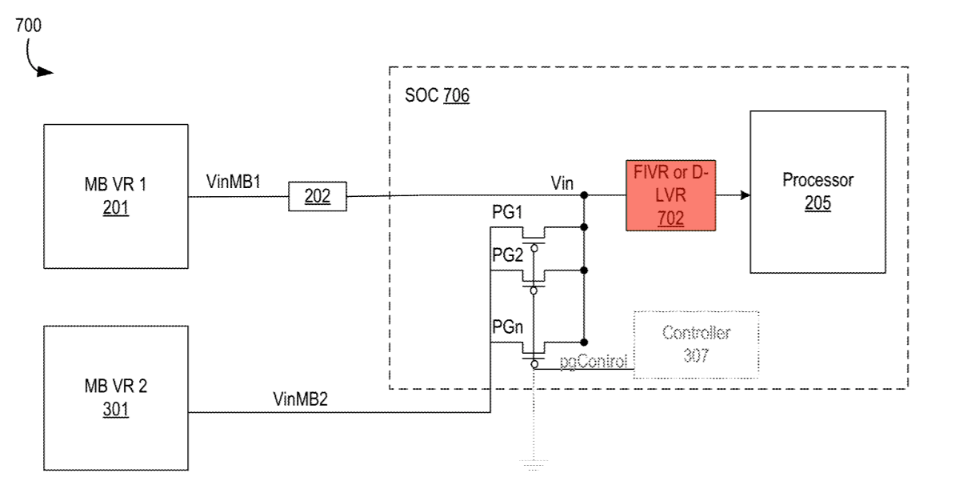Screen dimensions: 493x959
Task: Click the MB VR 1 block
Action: (x=116, y=195)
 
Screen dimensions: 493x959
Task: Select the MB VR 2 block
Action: (x=116, y=397)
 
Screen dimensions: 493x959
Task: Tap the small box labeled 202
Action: (x=318, y=196)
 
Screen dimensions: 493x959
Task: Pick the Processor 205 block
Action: (x=817, y=191)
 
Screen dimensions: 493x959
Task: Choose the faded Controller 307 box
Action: (x=695, y=343)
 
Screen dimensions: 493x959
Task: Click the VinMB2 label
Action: (x=301, y=399)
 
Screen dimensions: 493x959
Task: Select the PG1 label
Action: (x=507, y=214)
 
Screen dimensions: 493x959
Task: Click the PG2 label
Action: (x=507, y=255)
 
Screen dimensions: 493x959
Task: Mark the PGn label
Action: (x=507, y=328)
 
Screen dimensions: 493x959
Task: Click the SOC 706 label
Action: (x=438, y=98)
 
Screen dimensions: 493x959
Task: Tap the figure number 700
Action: (x=28, y=26)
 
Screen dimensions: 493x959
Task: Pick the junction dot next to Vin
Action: (x=585, y=195)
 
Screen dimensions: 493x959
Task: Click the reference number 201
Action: (x=116, y=210)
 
